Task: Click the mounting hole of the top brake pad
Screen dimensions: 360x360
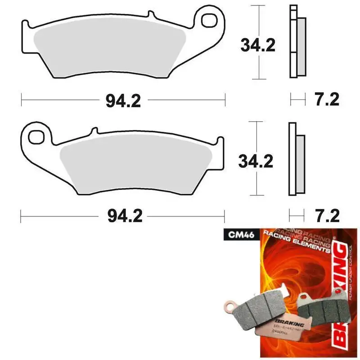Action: [210, 20]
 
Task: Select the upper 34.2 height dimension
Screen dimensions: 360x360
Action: [257, 45]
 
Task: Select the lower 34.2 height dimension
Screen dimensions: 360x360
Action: [256, 161]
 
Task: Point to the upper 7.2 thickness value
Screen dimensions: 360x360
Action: [326, 99]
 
